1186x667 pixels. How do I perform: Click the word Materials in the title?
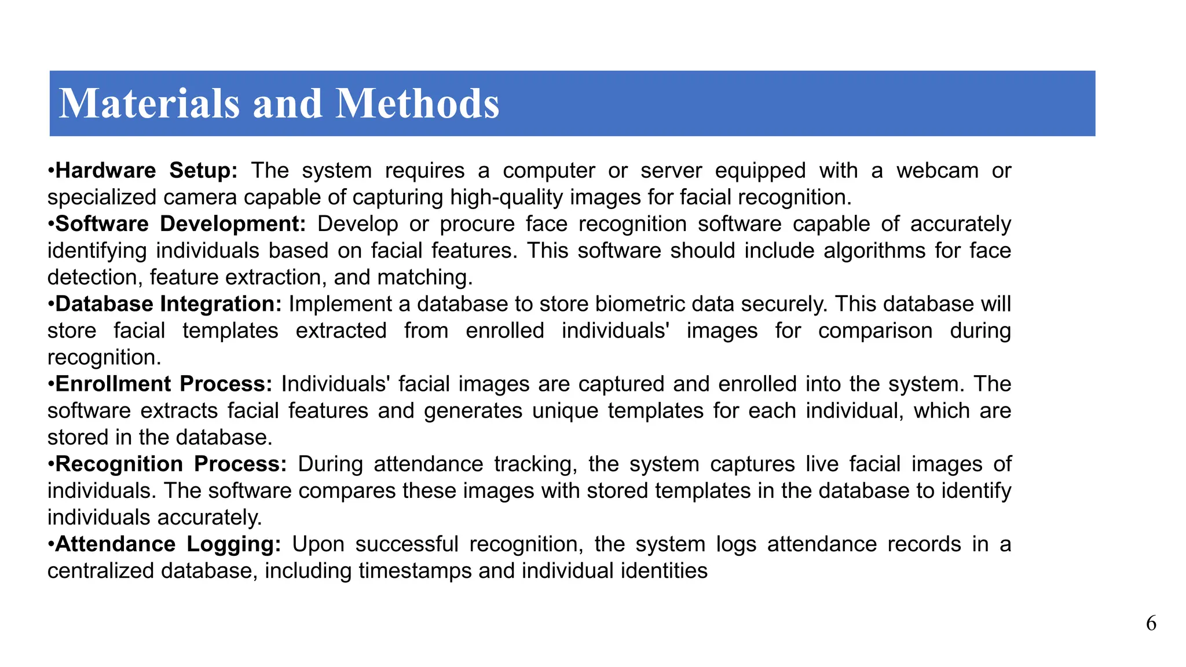(149, 104)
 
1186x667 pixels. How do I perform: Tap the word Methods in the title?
(417, 104)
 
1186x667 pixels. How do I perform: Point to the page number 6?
(1151, 624)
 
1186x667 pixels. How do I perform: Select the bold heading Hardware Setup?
(147, 171)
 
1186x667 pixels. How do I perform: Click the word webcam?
(938, 171)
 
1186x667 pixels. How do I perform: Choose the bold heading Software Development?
(180, 224)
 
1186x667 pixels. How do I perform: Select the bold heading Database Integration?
(169, 304)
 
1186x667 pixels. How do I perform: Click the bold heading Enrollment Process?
(163, 384)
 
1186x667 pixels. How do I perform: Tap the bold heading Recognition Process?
(171, 464)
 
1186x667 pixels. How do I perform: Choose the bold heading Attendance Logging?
(168, 544)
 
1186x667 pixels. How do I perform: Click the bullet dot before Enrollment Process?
(51, 384)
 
